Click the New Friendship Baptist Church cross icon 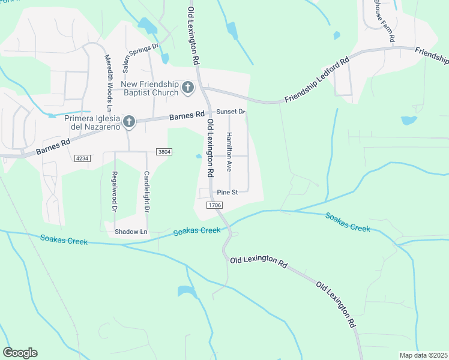tap(188, 88)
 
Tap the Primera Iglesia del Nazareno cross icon tap(128, 122)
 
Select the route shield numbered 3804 tap(164, 152)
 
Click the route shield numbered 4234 tap(83, 158)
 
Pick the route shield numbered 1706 tap(215, 205)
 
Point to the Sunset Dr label tap(231, 112)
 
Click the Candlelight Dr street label tap(146, 193)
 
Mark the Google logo tap(20, 353)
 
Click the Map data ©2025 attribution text tap(423, 355)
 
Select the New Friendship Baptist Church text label tap(150, 88)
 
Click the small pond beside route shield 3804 tap(199, 157)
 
